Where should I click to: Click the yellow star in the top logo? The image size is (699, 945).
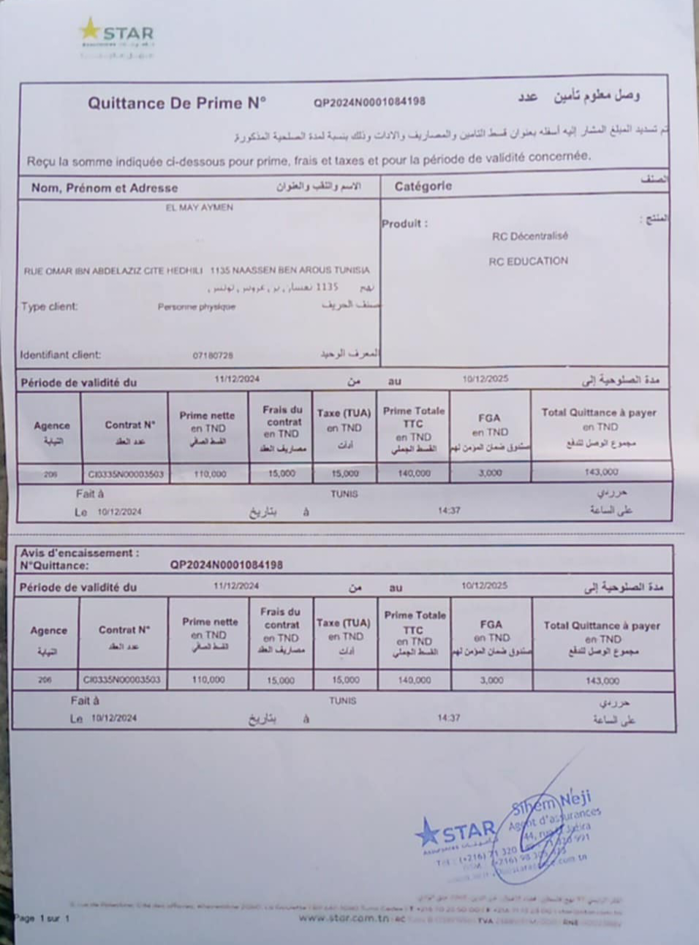pyautogui.click(x=90, y=30)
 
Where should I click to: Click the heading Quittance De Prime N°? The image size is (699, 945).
pyautogui.click(x=177, y=103)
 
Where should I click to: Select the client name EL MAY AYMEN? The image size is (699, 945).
pyautogui.click(x=199, y=208)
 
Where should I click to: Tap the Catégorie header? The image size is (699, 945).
pyautogui.click(x=423, y=186)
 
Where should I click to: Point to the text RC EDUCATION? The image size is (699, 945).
pyautogui.click(x=528, y=261)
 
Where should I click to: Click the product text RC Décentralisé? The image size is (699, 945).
pyautogui.click(x=529, y=236)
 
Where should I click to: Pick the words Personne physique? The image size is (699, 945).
pyautogui.click(x=196, y=307)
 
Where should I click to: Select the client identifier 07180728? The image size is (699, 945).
pyautogui.click(x=213, y=356)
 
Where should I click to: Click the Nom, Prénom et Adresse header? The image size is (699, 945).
pyautogui.click(x=105, y=188)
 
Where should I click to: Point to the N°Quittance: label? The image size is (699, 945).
pyautogui.click(x=54, y=565)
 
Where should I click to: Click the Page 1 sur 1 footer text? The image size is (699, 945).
pyautogui.click(x=42, y=918)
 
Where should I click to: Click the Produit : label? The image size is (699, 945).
pyautogui.click(x=404, y=224)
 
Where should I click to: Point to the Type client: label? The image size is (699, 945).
pyautogui.click(x=49, y=307)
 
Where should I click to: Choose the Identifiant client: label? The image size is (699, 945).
pyautogui.click(x=61, y=355)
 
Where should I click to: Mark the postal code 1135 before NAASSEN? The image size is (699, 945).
pyautogui.click(x=219, y=270)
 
